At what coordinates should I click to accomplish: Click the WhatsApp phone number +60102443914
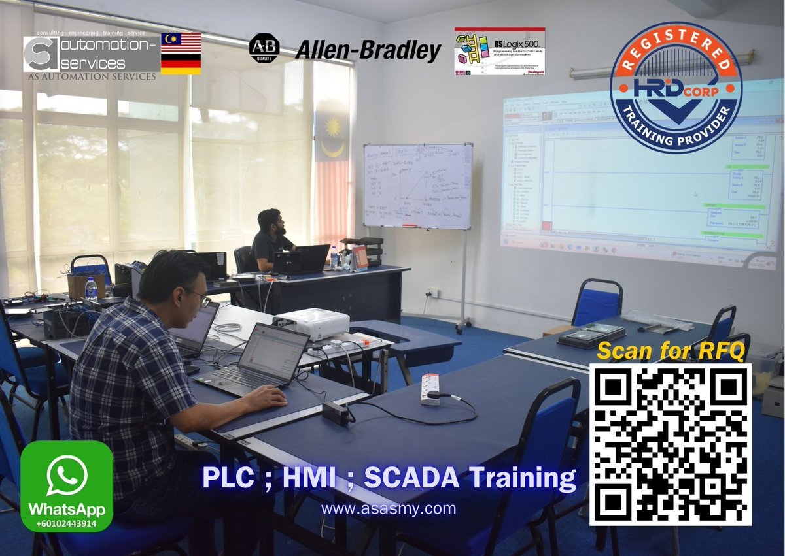pos(66,523)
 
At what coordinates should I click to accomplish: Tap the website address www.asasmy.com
pos(389,508)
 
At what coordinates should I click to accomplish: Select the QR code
pos(671,444)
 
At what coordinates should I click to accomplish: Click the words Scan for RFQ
pos(671,351)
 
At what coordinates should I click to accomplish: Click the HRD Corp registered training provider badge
pos(676,88)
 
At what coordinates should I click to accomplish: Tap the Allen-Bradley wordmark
pos(368,49)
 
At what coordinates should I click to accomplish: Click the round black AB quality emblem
pos(264,48)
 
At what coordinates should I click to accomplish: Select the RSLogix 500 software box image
pos(500,50)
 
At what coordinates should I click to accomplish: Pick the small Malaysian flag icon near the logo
pos(181,42)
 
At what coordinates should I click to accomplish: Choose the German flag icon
pos(181,64)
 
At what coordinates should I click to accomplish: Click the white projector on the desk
pos(312,323)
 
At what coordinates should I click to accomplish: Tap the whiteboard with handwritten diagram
pos(417,186)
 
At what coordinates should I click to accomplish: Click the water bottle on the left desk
pos(91,287)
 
